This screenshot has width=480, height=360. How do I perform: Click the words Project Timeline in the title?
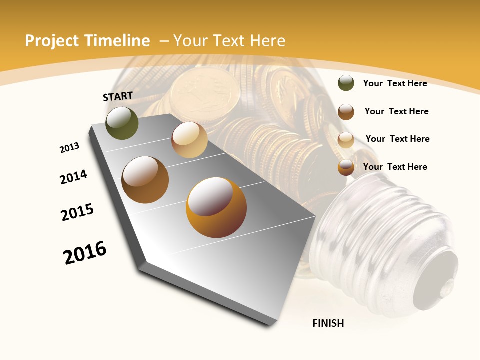pyautogui.click(x=87, y=41)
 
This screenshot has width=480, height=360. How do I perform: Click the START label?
pyautogui.click(x=118, y=96)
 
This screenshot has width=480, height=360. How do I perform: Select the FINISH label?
pyautogui.click(x=328, y=323)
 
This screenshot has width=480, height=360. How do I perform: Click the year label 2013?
pyautogui.click(x=69, y=148)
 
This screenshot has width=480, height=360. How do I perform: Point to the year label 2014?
pyautogui.click(x=73, y=177)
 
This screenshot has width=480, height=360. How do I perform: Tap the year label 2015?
pyautogui.click(x=77, y=212)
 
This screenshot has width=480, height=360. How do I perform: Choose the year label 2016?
pyautogui.click(x=85, y=252)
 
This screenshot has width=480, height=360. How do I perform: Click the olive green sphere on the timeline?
pyautogui.click(x=122, y=123)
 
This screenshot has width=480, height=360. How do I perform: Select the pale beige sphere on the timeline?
pyautogui.click(x=189, y=140)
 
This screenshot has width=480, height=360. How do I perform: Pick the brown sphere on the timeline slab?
pyautogui.click(x=145, y=180)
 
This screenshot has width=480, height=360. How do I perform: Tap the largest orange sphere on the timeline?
pyautogui.click(x=216, y=207)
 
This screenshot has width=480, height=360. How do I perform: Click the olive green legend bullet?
pyautogui.click(x=346, y=83)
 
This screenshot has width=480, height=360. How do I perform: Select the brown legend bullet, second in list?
pyautogui.click(x=346, y=111)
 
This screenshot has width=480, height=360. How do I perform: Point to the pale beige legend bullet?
pyautogui.click(x=346, y=139)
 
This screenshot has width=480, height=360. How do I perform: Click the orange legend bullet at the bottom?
pyautogui.click(x=346, y=167)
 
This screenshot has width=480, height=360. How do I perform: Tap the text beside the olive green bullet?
pyautogui.click(x=395, y=83)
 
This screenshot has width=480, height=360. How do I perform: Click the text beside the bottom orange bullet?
pyautogui.click(x=395, y=167)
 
